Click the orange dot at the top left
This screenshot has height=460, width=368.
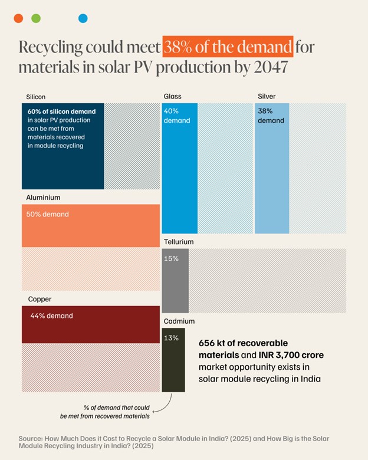tap(18, 18)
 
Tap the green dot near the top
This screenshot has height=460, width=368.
tap(36, 18)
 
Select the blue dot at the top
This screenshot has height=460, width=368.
tap(83, 18)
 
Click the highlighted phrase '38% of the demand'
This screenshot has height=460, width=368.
tap(228, 47)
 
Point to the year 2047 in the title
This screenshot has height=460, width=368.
tap(269, 67)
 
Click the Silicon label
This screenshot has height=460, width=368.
tap(35, 96)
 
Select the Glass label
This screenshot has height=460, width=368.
tap(173, 96)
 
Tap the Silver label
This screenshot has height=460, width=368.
tap(267, 96)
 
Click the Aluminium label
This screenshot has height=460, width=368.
tap(43, 198)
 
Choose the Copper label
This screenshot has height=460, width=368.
tap(40, 299)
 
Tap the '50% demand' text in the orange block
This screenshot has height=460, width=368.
tap(47, 214)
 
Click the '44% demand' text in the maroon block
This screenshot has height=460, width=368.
tap(51, 316)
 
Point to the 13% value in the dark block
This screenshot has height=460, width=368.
tap(172, 338)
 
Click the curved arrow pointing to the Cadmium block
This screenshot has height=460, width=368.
tap(168, 402)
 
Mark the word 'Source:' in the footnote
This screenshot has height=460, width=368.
tap(33, 438)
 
